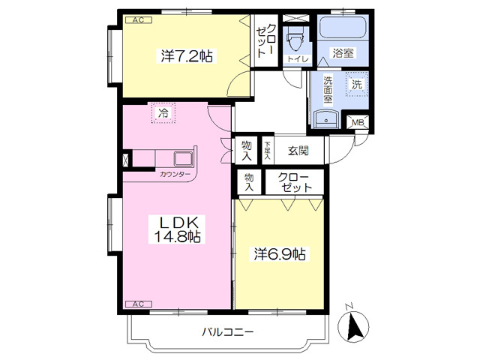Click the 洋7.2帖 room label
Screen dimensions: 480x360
pos(187,55)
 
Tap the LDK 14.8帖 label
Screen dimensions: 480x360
pos(177,229)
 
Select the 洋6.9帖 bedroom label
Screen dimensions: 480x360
pos(280,253)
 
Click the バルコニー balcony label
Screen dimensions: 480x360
pos(227,331)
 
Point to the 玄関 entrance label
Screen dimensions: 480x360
pos(298,151)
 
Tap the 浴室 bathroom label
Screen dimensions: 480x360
pos(343,53)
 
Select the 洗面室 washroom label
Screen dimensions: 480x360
pos(328,90)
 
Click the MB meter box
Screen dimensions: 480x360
pos(358,123)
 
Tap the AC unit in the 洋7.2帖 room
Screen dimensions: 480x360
pos(138,20)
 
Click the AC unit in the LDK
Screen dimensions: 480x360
pos(138,304)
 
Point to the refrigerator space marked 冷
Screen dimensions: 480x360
pos(163,112)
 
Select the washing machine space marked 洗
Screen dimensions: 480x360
pos(357,84)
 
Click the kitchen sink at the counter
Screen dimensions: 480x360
pos(183,158)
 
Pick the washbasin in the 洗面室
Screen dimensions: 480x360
pos(326,118)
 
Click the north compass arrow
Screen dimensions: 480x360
pos(353,326)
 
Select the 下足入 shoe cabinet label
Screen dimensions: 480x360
pos(268,150)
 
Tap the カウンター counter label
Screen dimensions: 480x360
pos(175,175)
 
